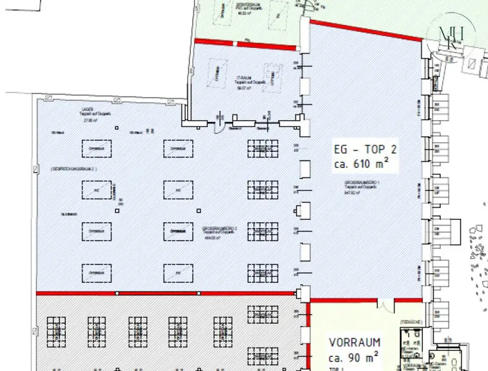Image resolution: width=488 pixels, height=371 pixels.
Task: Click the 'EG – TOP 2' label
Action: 365,150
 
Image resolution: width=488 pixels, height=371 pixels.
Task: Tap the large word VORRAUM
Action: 355,342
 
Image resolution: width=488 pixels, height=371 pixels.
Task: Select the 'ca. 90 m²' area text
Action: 353,356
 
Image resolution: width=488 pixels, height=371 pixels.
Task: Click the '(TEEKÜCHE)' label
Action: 410,322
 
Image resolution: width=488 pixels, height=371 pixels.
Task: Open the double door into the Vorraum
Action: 386,303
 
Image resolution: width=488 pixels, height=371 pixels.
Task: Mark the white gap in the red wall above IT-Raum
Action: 234,44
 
